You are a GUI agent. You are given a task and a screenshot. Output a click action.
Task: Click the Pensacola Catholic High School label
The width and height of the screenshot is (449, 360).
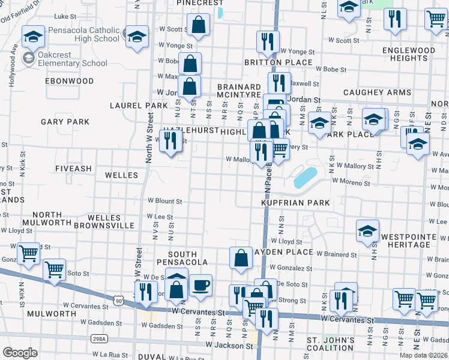tap(83, 34)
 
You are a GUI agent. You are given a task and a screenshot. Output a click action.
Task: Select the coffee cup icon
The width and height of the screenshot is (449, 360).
tap(201, 284)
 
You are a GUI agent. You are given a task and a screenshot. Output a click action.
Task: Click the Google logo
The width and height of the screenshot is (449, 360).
tap(20, 353)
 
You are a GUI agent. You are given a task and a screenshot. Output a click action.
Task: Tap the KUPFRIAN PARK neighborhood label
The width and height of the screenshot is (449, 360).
tap(295, 203)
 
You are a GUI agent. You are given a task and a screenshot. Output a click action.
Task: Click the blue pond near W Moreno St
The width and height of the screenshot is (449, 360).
tap(305, 177)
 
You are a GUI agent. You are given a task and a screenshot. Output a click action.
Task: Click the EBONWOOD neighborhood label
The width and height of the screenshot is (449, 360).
tap(69, 81)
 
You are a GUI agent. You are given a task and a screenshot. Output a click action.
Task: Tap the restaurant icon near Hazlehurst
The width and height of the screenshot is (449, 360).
tap(171, 140)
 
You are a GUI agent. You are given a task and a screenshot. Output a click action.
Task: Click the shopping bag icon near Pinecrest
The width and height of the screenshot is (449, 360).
tap(198, 25)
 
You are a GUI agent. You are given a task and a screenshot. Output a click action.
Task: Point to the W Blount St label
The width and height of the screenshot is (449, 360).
tap(164, 202)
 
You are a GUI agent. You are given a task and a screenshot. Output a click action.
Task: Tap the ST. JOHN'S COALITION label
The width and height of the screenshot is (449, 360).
tap(330, 345)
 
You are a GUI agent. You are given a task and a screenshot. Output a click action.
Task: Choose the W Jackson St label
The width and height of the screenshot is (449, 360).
tap(229, 346)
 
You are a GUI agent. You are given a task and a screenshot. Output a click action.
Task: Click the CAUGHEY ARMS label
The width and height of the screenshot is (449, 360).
tap(377, 93)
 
